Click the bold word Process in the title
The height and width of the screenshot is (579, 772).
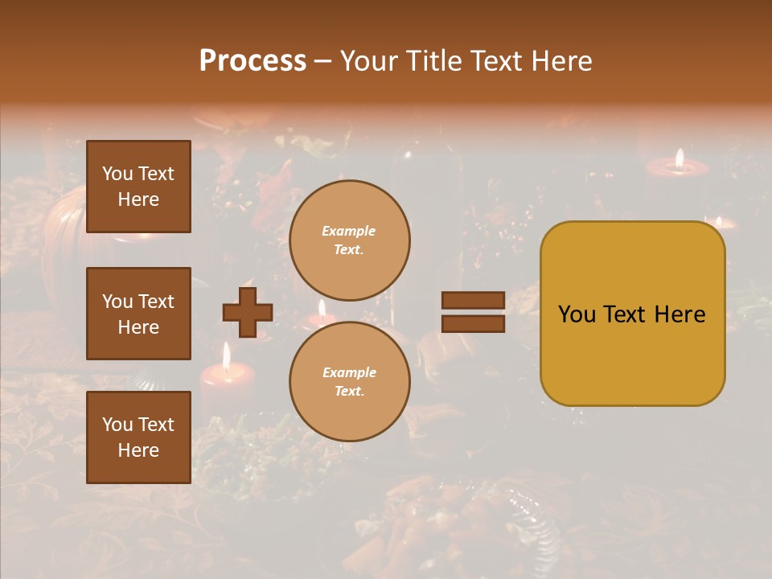pos(253,61)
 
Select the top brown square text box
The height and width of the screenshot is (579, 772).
pos(138,187)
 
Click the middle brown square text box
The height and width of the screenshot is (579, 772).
pos(138,314)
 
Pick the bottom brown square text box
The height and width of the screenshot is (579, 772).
pos(138,437)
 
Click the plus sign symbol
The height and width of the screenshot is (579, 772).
pos(248,312)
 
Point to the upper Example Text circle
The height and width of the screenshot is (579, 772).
pos(349,240)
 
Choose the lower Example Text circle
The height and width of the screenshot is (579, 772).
pos(349,381)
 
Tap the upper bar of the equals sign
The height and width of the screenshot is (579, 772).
pos(473,301)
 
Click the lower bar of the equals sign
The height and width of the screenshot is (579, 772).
pos(473,324)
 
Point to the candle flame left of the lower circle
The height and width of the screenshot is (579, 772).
pos(227,354)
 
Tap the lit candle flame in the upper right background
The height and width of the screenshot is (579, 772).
pos(680,157)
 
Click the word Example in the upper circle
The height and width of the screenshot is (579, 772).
pos(349,231)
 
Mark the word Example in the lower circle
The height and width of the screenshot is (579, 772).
pos(349,372)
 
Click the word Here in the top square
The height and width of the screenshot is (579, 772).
pos(138,199)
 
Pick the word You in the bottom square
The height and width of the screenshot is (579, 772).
pos(117,425)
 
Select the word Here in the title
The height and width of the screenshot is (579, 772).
pos(560,61)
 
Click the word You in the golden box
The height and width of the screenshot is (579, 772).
pos(577,314)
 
